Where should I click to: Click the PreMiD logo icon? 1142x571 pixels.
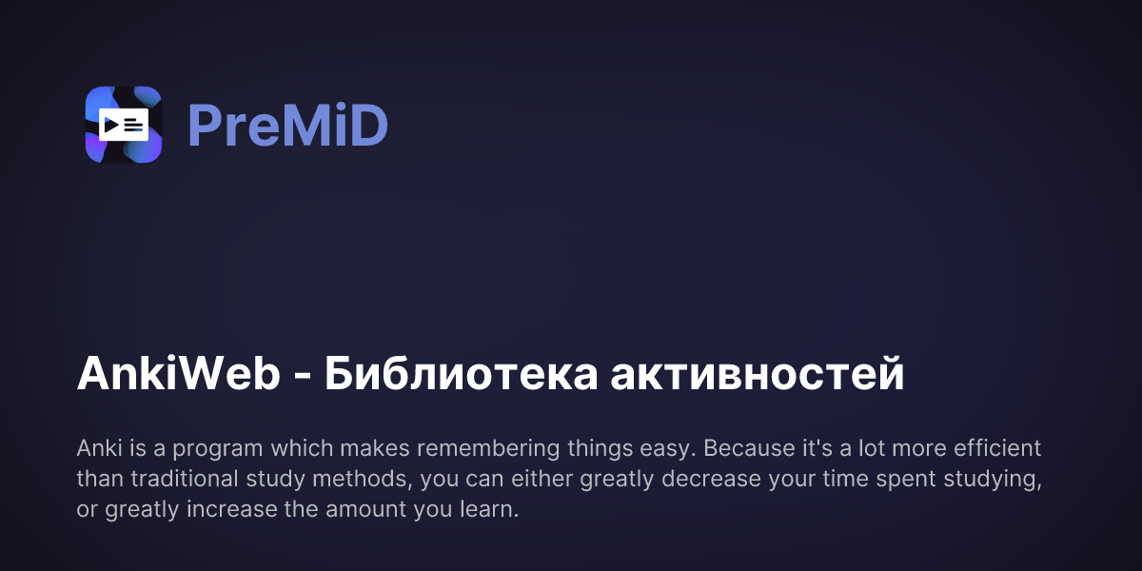click(124, 125)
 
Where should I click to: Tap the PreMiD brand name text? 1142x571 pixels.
click(287, 125)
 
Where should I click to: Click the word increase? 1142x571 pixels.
click(221, 509)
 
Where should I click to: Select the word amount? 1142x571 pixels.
click(369, 509)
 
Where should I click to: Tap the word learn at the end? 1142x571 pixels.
click(489, 509)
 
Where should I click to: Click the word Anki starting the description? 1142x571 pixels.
click(96, 448)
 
